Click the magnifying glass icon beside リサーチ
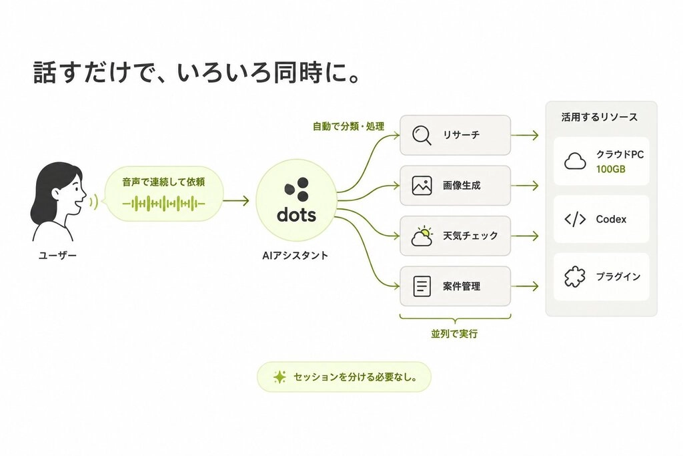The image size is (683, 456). [x=422, y=135]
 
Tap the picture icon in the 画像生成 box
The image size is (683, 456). [x=422, y=186]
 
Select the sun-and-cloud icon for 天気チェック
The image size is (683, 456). [x=422, y=236]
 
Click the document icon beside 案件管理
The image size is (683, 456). [x=422, y=286]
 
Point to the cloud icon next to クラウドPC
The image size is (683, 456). [x=575, y=161]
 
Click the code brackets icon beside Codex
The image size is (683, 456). [x=575, y=219]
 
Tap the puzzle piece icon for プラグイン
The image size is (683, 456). [x=575, y=276]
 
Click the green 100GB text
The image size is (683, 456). [x=611, y=169]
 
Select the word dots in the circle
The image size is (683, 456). [x=296, y=214]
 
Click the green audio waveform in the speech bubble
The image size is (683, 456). [x=164, y=203]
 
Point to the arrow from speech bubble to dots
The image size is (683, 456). [x=236, y=201]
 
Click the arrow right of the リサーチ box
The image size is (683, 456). [x=525, y=135]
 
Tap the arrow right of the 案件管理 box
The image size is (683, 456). [x=525, y=286]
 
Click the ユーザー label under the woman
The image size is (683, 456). [x=57, y=256]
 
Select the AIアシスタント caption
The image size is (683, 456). [x=295, y=256]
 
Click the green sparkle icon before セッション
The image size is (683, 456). [x=279, y=377]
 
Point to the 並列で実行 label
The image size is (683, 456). [x=454, y=334]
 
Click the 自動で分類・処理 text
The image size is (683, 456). [x=348, y=126]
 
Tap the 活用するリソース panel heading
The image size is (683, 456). [x=600, y=117]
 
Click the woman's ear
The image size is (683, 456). [x=56, y=194]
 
